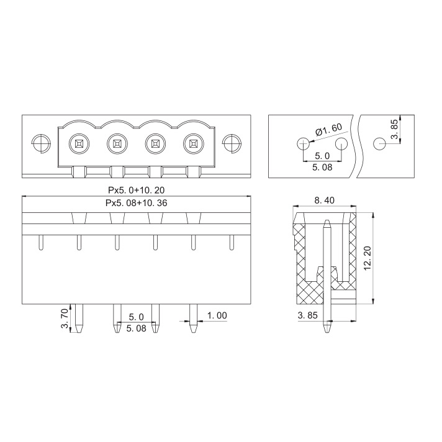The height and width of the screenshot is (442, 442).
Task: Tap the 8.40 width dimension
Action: point(324,201)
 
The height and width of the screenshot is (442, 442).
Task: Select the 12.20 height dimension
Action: point(368,258)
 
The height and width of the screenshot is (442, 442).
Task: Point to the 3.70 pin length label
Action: point(65,318)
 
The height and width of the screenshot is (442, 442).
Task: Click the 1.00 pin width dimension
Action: point(217,315)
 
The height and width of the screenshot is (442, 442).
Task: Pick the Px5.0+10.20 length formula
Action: point(137,191)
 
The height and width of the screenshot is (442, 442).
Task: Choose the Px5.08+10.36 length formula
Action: point(137,203)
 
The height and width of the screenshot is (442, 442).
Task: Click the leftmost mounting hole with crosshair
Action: point(41,143)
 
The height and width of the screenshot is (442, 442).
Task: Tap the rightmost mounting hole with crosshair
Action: point(232,143)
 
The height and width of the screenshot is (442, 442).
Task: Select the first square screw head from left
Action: point(79,144)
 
